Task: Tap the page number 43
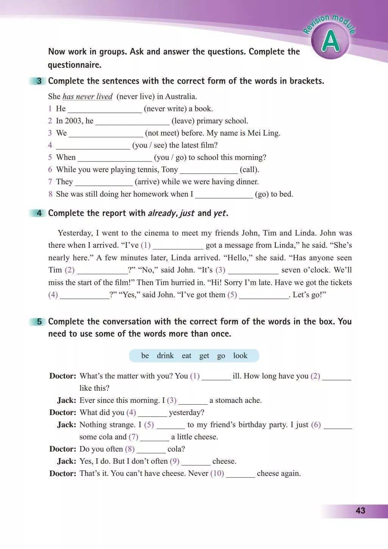click(x=360, y=510)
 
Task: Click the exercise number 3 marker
click(x=39, y=81)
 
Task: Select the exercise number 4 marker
click(x=39, y=213)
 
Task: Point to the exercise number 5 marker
click(x=39, y=322)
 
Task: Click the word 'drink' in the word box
click(x=165, y=356)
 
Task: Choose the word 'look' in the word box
click(x=240, y=356)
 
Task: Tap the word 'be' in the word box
click(x=145, y=356)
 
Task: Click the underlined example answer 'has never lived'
click(x=88, y=97)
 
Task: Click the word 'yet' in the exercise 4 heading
click(x=219, y=213)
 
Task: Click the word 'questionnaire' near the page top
click(x=74, y=65)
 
